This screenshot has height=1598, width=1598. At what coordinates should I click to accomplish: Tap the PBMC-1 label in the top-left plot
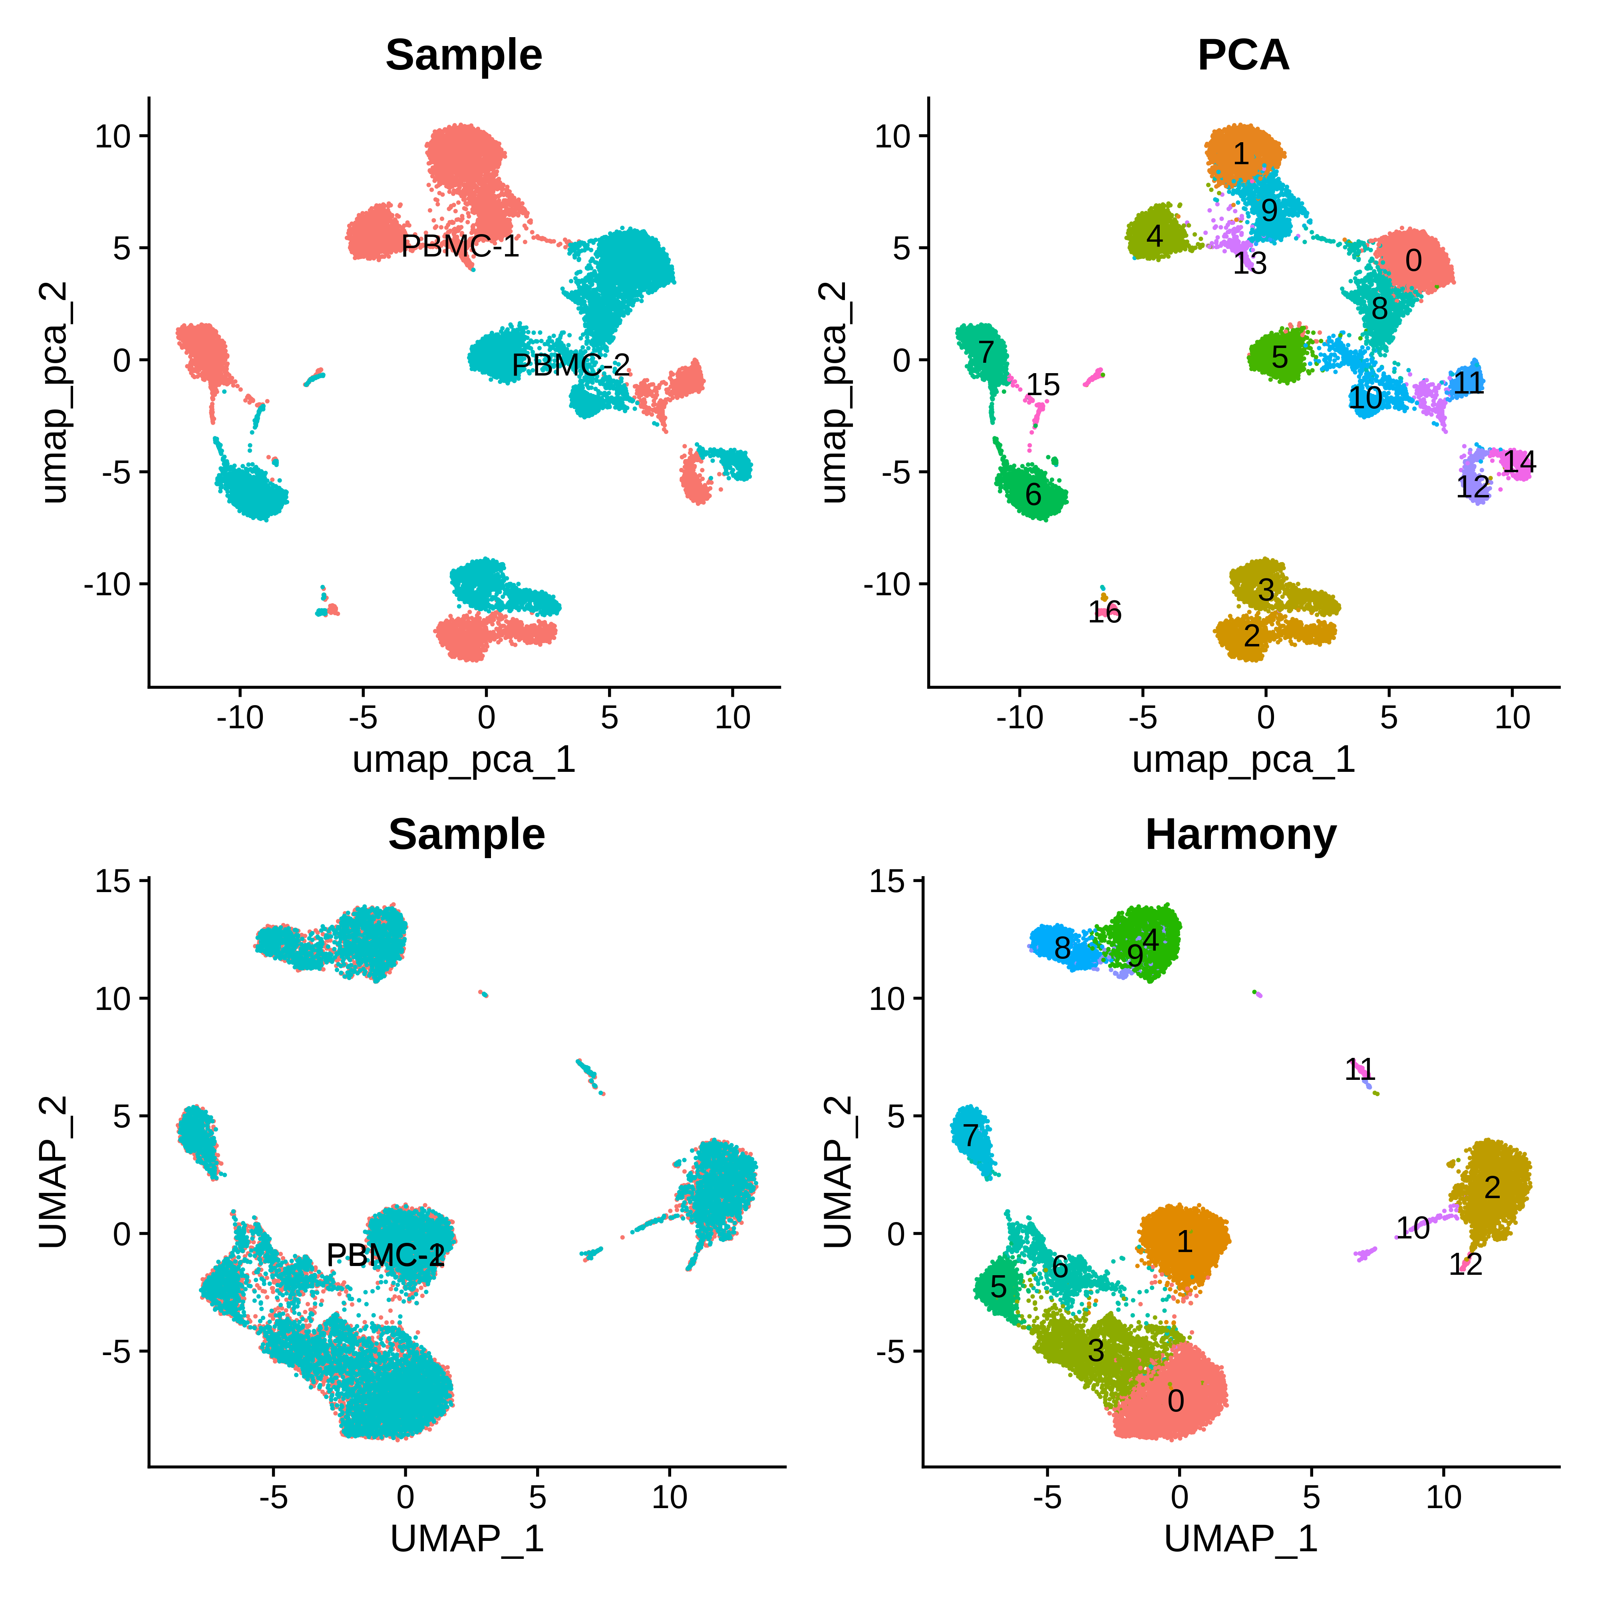(460, 246)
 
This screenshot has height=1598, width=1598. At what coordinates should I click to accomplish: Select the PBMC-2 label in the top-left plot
(571, 365)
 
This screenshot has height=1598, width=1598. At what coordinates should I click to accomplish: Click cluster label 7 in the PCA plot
(986, 352)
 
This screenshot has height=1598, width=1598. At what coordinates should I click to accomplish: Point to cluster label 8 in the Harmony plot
(1062, 948)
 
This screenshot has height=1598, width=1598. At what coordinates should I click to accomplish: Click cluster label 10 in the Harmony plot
(1413, 1228)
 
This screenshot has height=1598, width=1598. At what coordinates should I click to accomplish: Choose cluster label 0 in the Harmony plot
(1175, 1400)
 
